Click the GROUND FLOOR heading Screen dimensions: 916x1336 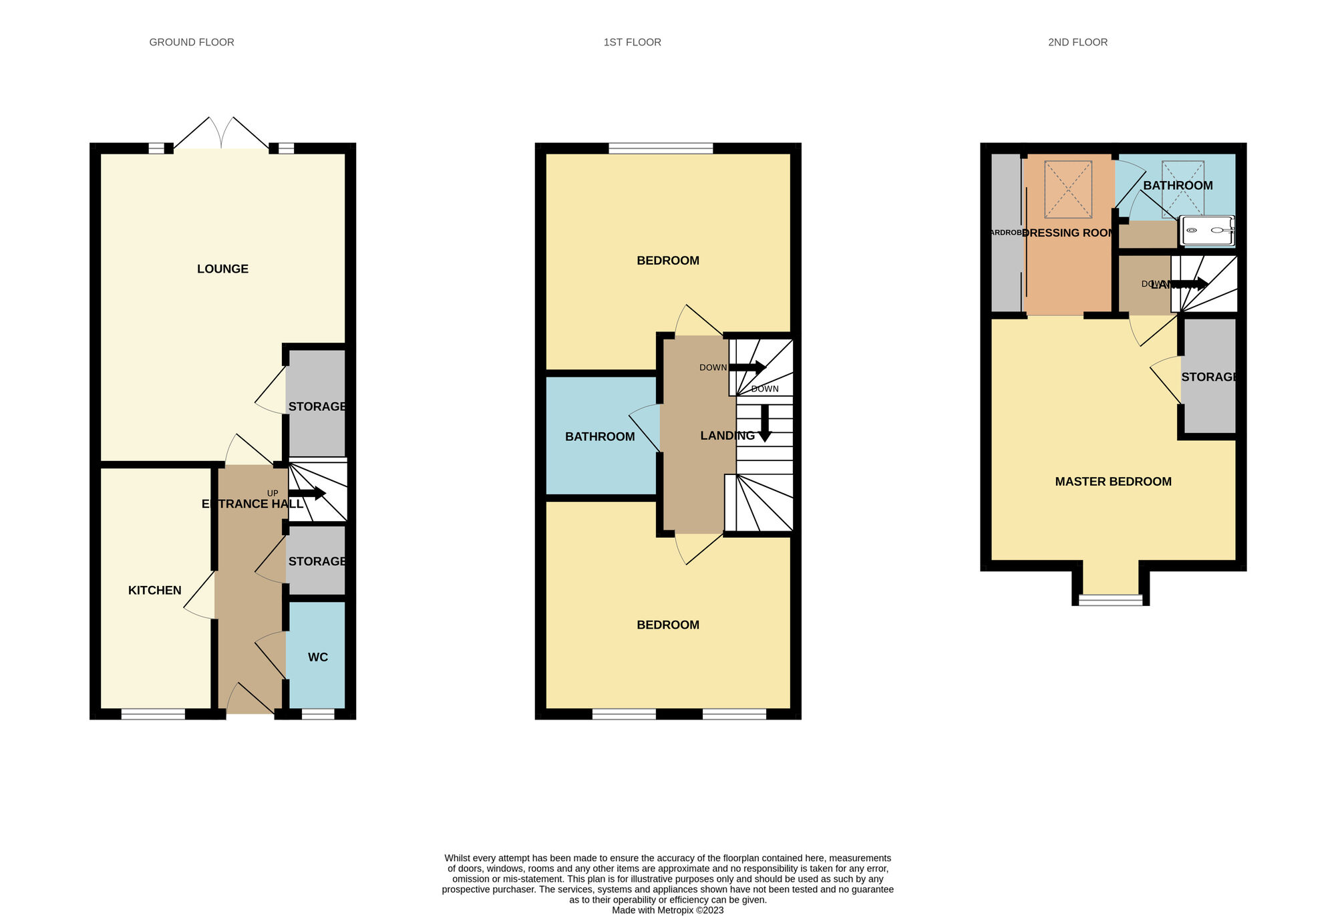pos(192,42)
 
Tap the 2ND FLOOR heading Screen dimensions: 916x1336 pos(1077,42)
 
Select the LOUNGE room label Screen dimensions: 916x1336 pos(222,269)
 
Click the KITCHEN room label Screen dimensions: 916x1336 pos(154,590)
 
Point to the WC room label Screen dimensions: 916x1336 pos(318,657)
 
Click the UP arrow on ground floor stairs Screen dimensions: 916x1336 pos(307,494)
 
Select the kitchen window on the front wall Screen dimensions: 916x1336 pos(153,714)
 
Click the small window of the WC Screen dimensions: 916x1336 pos(318,714)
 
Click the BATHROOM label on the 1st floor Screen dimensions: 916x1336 pos(600,436)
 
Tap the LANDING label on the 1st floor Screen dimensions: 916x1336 pos(727,436)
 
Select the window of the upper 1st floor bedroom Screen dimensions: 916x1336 pos(661,148)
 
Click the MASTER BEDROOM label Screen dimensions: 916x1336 pos(1113,481)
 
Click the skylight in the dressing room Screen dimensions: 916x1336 pos(1068,189)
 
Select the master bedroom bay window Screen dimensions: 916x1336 pos(1111,599)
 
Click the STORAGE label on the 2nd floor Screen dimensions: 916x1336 pos(1209,377)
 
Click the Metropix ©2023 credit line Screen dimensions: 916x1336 pos(667,910)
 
